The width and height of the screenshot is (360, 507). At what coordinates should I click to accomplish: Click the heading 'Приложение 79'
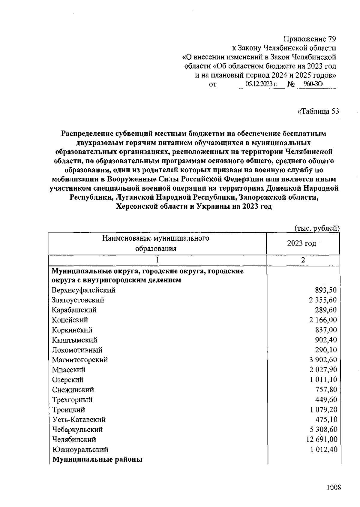(310, 39)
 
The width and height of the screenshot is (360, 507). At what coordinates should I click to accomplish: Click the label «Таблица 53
(318, 112)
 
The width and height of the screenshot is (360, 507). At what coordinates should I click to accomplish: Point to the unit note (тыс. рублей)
(317, 228)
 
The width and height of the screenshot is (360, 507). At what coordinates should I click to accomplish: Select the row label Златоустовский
(78, 300)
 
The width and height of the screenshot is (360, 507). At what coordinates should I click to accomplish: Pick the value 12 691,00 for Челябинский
(322, 440)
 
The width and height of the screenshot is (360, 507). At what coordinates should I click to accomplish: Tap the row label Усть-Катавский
(79, 420)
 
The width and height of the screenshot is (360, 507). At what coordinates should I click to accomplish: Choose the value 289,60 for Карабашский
(326, 310)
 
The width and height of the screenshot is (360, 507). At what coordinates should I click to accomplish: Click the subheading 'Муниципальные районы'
(97, 460)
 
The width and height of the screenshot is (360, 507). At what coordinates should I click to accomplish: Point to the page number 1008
(334, 487)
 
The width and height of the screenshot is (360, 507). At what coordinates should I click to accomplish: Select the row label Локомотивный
(77, 350)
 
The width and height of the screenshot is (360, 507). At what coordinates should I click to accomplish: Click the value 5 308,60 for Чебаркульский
(323, 430)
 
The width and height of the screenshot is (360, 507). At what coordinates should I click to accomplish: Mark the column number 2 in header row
(303, 260)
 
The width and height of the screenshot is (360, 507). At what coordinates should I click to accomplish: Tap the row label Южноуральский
(80, 450)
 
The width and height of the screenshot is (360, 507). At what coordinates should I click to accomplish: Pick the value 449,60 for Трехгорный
(326, 400)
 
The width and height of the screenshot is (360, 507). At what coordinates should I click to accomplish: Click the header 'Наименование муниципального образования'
(156, 243)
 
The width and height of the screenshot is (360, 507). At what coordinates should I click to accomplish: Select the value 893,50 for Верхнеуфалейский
(326, 290)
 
